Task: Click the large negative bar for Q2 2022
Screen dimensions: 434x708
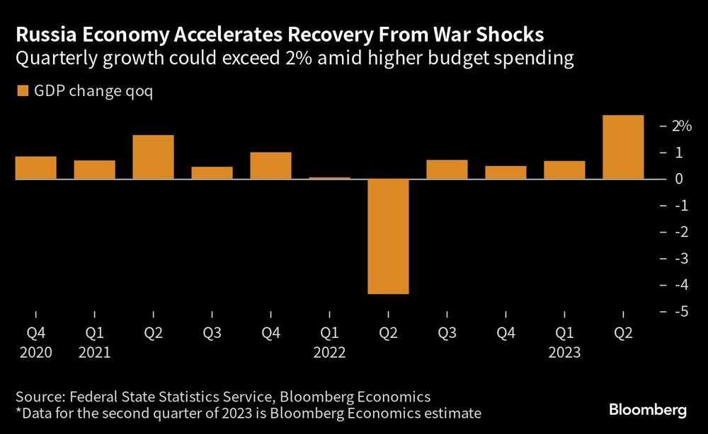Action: (388, 236)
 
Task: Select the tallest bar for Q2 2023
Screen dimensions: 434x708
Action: (623, 147)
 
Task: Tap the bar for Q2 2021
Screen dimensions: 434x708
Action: (153, 157)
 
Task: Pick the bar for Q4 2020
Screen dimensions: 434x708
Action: (35, 168)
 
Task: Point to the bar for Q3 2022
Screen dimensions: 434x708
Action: (447, 170)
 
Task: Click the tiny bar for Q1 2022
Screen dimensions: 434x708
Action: (329, 178)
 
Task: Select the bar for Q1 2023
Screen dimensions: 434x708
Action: (564, 170)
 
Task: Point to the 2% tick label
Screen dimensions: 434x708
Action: (682, 126)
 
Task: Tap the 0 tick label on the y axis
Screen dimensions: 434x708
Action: (679, 179)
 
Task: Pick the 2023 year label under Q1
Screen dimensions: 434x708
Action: (564, 352)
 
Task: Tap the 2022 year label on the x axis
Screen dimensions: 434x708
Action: (329, 352)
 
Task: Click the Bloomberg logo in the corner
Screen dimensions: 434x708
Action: (647, 410)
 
